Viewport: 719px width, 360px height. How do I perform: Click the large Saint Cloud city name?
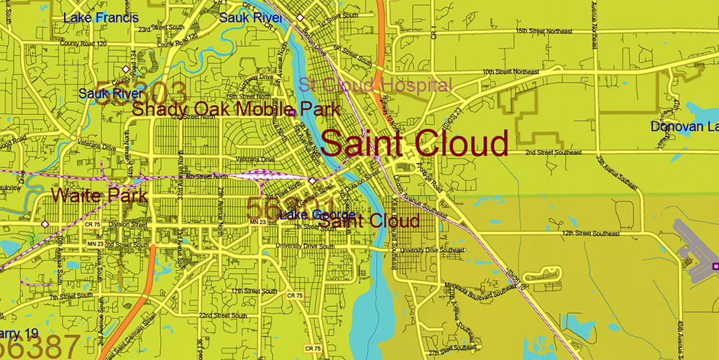[x=415, y=143]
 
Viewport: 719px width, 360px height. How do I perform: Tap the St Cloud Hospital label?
[x=375, y=85]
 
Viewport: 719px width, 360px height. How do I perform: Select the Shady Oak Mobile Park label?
[x=236, y=109]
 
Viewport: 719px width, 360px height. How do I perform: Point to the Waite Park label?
[x=99, y=195]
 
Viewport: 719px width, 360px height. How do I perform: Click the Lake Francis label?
[x=101, y=17]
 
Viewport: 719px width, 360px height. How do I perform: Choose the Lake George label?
[x=317, y=216]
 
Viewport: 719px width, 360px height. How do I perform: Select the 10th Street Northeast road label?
[x=510, y=72]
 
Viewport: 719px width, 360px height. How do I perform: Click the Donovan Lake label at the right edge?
[x=684, y=127]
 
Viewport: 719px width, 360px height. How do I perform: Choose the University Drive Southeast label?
[x=431, y=250]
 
